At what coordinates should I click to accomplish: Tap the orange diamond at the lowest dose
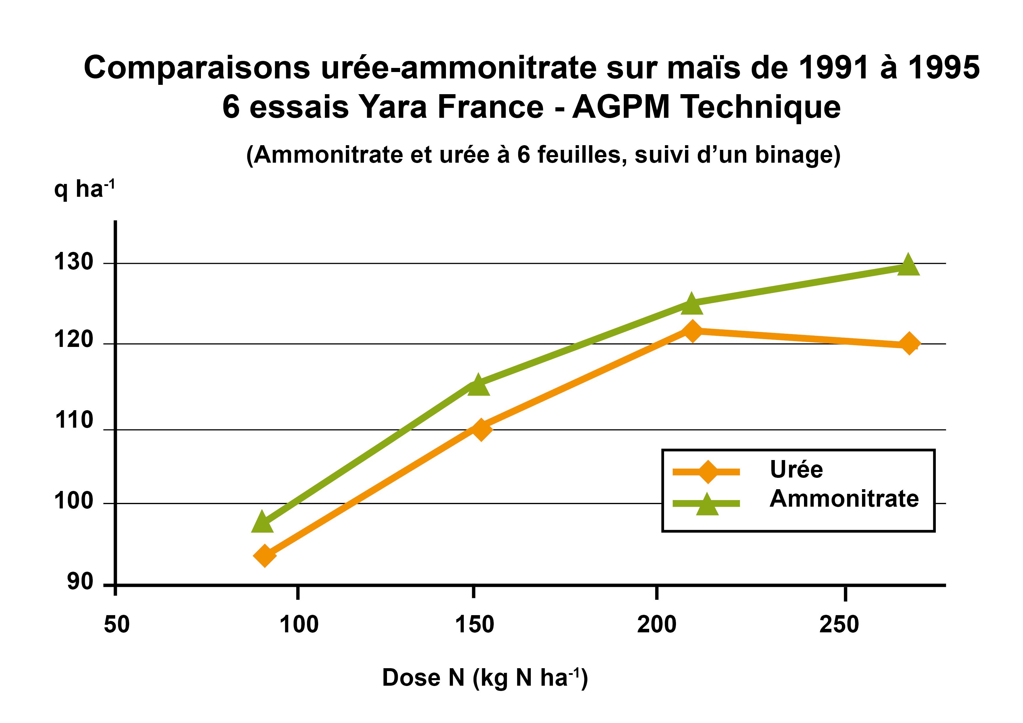[x=264, y=556]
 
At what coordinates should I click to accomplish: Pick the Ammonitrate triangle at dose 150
[x=478, y=385]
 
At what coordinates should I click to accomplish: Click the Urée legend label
[x=796, y=470]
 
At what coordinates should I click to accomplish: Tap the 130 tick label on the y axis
[x=73, y=262]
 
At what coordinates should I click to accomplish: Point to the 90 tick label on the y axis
[x=80, y=581]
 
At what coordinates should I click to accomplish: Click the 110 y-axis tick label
[x=73, y=420]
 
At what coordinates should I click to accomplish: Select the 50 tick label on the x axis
[x=117, y=624]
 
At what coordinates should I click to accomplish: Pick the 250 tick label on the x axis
[x=839, y=624]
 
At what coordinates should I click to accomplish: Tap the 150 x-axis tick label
[x=474, y=624]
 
